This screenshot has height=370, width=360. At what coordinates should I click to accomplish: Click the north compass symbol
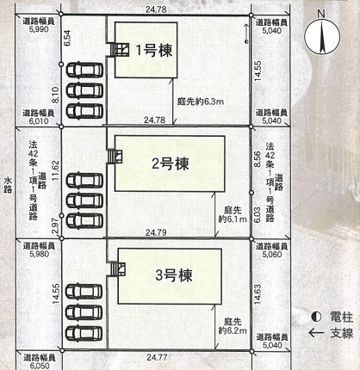pyautogui.click(x=322, y=37)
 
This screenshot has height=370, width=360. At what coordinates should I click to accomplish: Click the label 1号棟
pyautogui.click(x=154, y=51)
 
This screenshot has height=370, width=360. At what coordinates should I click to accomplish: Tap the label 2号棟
pyautogui.click(x=171, y=163)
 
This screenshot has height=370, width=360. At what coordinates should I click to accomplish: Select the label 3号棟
pyautogui.click(x=174, y=275)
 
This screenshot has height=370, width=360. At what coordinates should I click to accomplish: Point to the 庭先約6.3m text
pyautogui.click(x=200, y=102)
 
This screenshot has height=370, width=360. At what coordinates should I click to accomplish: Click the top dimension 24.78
pyautogui.click(x=156, y=9)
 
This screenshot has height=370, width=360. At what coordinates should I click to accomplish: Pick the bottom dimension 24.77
pyautogui.click(x=157, y=357)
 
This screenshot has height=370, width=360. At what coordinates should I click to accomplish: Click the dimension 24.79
pyautogui.click(x=156, y=232)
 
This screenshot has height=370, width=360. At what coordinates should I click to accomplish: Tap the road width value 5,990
pyautogui.click(x=39, y=29)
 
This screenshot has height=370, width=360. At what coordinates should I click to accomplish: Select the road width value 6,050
pyautogui.click(x=40, y=366)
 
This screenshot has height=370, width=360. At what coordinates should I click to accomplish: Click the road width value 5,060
pyautogui.click(x=272, y=254)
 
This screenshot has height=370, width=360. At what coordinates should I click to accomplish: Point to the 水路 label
pyautogui.click(x=8, y=185)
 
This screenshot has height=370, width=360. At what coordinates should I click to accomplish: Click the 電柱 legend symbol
pyautogui.click(x=316, y=317)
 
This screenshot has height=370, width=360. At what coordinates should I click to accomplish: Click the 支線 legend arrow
pyautogui.click(x=316, y=333)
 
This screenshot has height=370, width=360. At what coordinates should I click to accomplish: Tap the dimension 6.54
pyautogui.click(x=67, y=38)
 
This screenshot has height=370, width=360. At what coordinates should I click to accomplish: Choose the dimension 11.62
pyautogui.click(x=55, y=170)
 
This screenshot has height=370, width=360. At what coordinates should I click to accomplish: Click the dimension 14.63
pyautogui.click(x=258, y=294)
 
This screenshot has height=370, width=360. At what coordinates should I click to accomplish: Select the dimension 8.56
pyautogui.click(x=258, y=159)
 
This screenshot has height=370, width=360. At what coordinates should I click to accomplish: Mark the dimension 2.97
pyautogui.click(x=56, y=225)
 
